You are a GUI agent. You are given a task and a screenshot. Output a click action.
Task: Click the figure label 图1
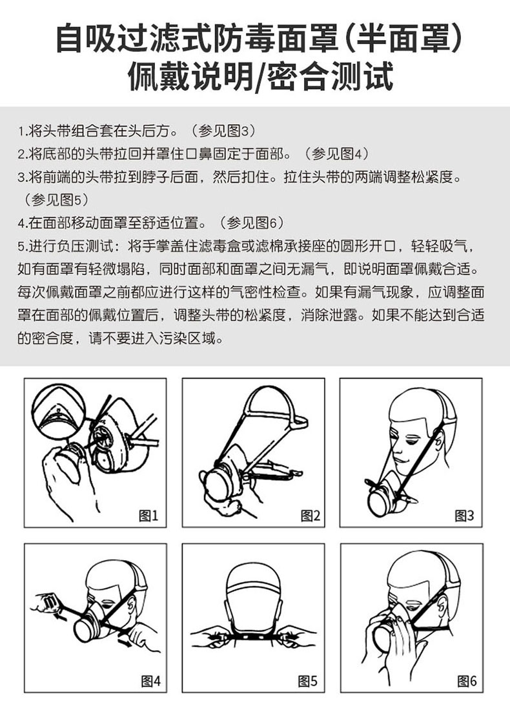tap(148, 516)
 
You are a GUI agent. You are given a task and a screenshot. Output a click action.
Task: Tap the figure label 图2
tap(311, 516)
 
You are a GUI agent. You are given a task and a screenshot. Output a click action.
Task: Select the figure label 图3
tap(464, 516)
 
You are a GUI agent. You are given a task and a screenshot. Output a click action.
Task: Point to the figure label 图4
tap(151, 681)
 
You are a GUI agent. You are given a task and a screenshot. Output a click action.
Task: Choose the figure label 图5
tap(307, 681)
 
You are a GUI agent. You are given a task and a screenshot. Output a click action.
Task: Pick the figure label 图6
tap(467, 681)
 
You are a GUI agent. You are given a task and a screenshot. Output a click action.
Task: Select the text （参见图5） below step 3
tap(54, 200)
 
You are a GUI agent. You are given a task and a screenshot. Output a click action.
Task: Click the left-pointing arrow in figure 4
tap(59, 616)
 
